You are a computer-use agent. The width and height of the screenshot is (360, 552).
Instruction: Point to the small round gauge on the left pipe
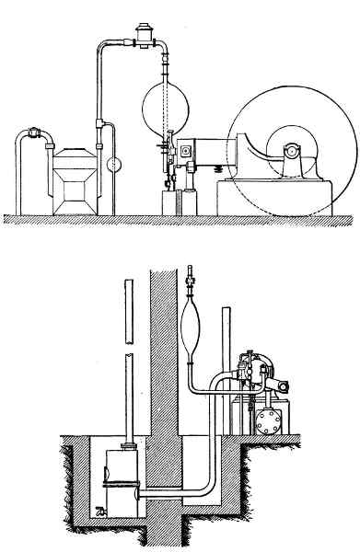tap(114, 166)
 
